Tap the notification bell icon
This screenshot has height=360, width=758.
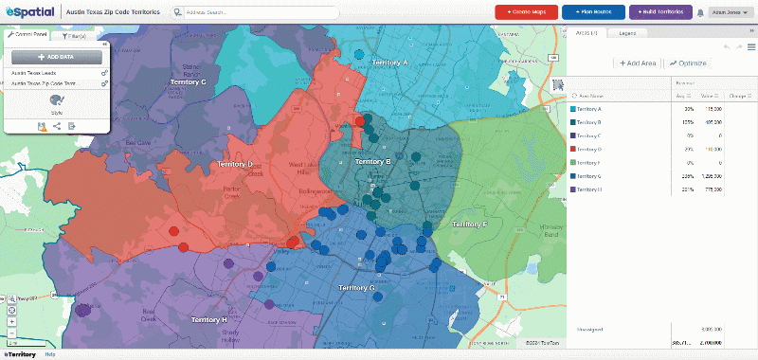pos(700,13)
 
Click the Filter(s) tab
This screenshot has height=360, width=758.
pos(76,34)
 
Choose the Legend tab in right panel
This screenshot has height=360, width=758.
pos(627,33)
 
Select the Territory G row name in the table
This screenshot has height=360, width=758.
pos(589,175)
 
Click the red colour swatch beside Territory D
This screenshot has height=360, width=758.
pos(572,149)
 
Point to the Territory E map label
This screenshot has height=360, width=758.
pos(469,225)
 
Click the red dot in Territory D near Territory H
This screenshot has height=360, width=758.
pos(172,230)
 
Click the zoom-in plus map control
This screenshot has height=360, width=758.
pos(11,321)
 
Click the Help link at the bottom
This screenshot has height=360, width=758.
pos(49,354)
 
